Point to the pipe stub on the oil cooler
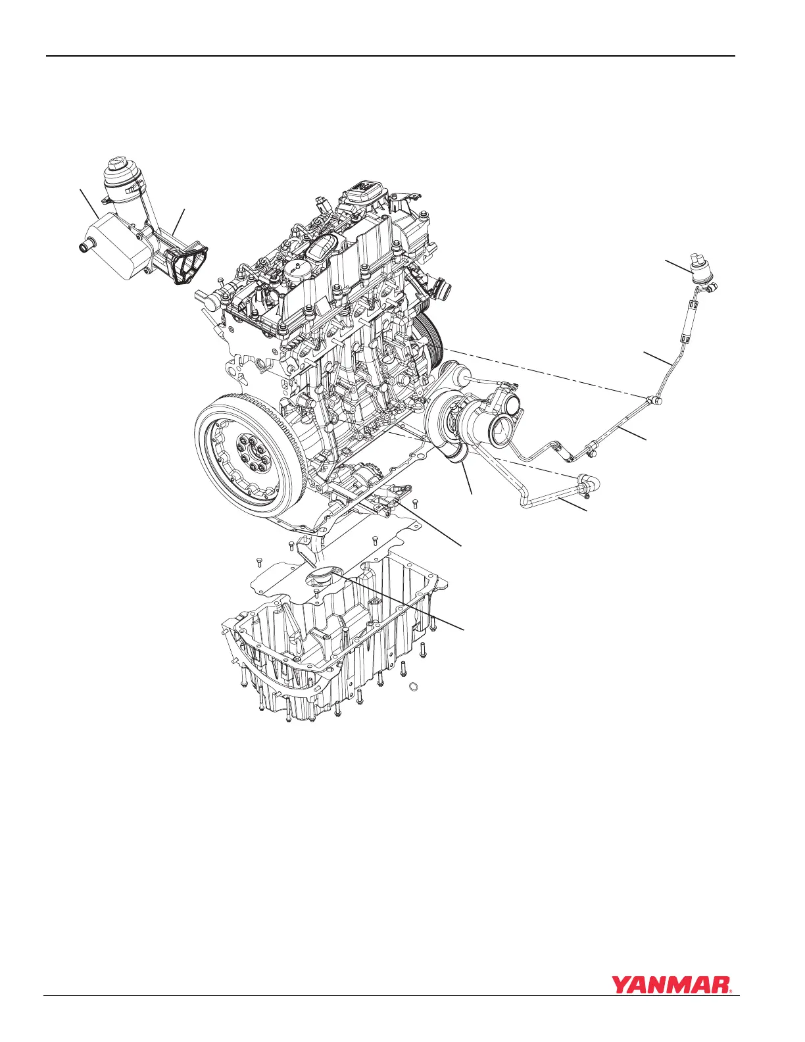[x=86, y=247]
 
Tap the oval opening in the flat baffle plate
[x=322, y=576]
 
